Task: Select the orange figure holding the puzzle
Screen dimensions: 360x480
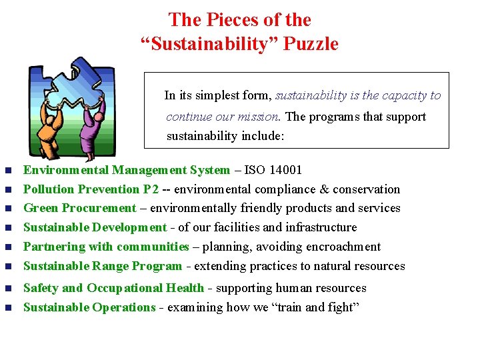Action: tap(50, 133)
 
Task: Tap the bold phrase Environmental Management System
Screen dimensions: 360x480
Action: tap(127, 170)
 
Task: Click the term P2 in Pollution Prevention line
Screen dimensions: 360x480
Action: tap(151, 189)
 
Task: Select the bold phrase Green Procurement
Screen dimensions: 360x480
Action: tap(79, 208)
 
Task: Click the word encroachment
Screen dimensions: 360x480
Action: tap(343, 247)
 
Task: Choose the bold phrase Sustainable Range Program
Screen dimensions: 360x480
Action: tap(103, 266)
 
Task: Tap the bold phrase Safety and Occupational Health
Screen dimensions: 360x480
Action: tap(113, 288)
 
